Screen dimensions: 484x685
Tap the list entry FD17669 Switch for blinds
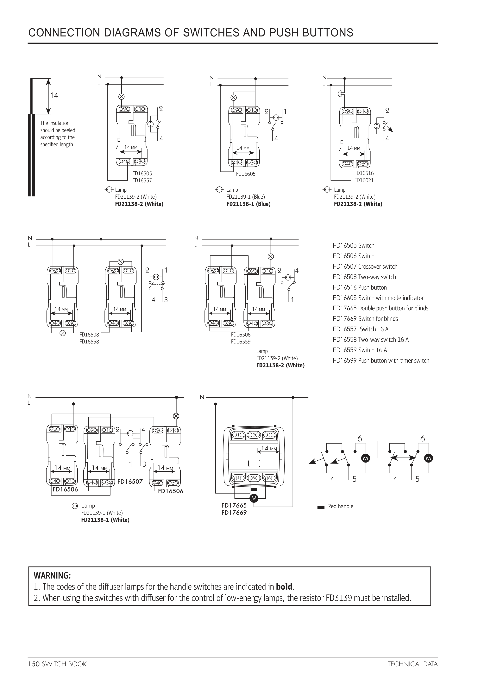365,319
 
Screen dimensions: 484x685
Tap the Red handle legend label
340,506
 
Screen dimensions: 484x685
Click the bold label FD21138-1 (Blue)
248,204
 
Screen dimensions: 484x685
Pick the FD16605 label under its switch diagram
246,174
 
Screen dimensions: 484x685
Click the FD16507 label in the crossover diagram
130,482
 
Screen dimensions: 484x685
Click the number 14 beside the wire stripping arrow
54,96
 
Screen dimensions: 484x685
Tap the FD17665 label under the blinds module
234,505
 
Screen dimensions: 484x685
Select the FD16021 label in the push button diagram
364,180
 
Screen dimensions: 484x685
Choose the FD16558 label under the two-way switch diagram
89,342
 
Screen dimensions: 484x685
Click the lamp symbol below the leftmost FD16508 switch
63,333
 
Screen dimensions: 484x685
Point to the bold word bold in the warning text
284,587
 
